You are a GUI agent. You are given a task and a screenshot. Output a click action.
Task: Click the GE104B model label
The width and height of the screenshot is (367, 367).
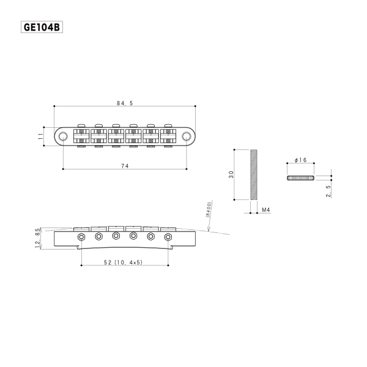tap(42, 27)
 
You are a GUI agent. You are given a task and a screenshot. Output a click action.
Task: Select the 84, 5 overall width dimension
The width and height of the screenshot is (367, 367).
tap(125, 103)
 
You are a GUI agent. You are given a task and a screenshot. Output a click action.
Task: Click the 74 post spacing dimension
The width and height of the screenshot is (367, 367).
tap(125, 165)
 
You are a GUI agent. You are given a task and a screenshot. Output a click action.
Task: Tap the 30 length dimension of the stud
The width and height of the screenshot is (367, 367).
tap(231, 174)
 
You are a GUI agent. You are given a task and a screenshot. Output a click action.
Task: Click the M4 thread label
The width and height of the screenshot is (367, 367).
tap(266, 210)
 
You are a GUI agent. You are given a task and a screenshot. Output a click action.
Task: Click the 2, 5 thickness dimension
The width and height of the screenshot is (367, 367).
tap(328, 191)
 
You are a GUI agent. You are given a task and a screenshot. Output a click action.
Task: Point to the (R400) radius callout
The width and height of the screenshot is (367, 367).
tap(208, 211)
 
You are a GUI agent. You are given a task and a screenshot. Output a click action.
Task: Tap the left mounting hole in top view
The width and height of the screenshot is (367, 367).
tap(63, 135)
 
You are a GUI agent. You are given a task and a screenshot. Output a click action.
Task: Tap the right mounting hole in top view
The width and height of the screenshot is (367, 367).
tap(186, 135)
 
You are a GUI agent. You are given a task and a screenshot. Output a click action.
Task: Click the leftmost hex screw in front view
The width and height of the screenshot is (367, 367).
tap(81, 236)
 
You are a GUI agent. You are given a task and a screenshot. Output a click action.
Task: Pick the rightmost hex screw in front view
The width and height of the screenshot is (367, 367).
tap(168, 236)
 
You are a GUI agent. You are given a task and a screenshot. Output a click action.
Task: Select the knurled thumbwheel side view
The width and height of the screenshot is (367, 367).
tap(300, 177)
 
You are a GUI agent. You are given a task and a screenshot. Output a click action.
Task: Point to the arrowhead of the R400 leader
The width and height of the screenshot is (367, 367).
tap(209, 232)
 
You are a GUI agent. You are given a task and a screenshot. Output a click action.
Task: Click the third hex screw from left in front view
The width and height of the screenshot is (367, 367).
tap(116, 235)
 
